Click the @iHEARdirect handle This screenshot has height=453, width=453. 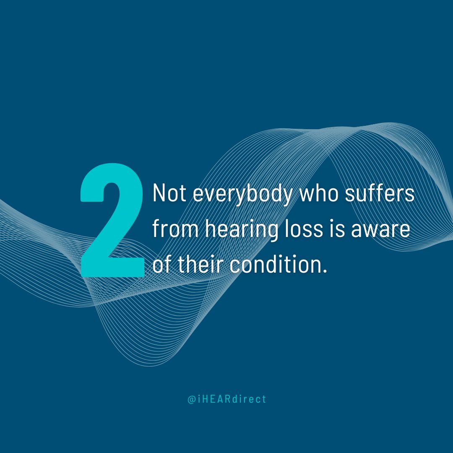(x=226, y=399)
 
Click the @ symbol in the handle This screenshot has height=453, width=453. (x=191, y=399)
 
